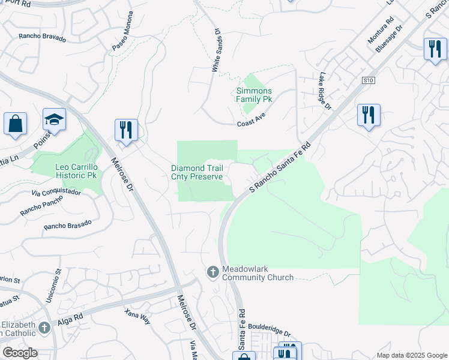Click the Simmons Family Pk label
point(254,95)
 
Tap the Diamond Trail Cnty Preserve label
point(197,172)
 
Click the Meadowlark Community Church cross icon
point(212,272)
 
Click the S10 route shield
point(369,80)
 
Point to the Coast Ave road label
point(251,121)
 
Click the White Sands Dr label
point(216,53)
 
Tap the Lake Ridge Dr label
point(325,91)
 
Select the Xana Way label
point(137,316)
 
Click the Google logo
point(20,353)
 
